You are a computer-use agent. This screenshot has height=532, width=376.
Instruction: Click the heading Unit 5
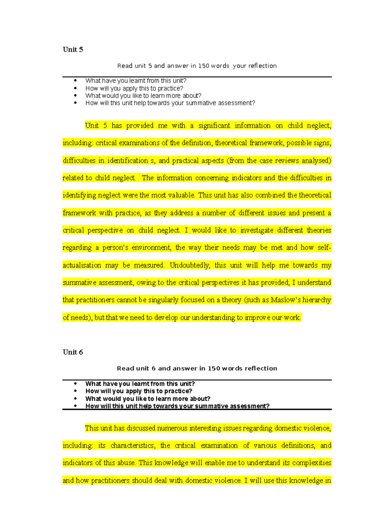click(73, 50)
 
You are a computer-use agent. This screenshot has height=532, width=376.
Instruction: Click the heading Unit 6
click(73, 352)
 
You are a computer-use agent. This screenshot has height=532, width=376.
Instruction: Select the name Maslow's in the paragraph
click(286, 300)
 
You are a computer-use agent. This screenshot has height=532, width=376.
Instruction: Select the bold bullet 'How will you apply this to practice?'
click(138, 391)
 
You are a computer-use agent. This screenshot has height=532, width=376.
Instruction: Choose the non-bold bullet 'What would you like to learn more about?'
click(143, 96)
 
